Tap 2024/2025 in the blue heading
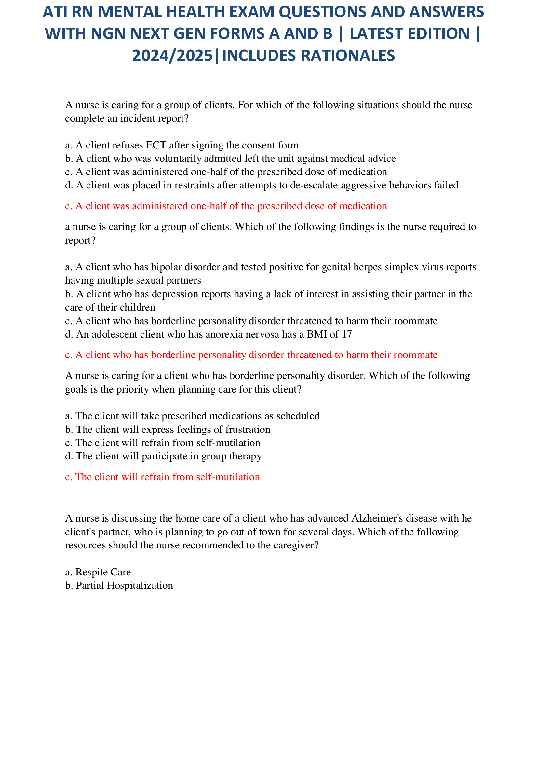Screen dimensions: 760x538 172,56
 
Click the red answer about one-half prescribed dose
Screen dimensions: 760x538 226,206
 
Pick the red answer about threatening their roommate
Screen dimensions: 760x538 251,355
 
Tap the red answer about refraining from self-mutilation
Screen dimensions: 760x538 162,477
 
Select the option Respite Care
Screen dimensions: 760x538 98,572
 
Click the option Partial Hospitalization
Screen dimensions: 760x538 119,586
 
